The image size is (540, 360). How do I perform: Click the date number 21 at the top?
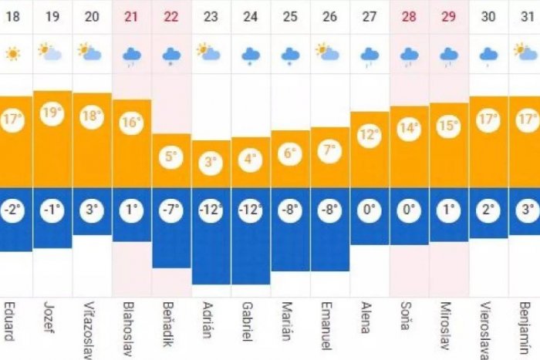point(131,16)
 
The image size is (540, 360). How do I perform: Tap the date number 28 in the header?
point(409,16)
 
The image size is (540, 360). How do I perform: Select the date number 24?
point(250,16)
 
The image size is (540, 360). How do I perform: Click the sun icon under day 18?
point(12,54)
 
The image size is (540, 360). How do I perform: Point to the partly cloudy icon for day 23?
point(210,52)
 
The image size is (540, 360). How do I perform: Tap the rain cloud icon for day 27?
point(370,55)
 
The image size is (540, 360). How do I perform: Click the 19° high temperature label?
point(52,114)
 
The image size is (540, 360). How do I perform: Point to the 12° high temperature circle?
point(370,135)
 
